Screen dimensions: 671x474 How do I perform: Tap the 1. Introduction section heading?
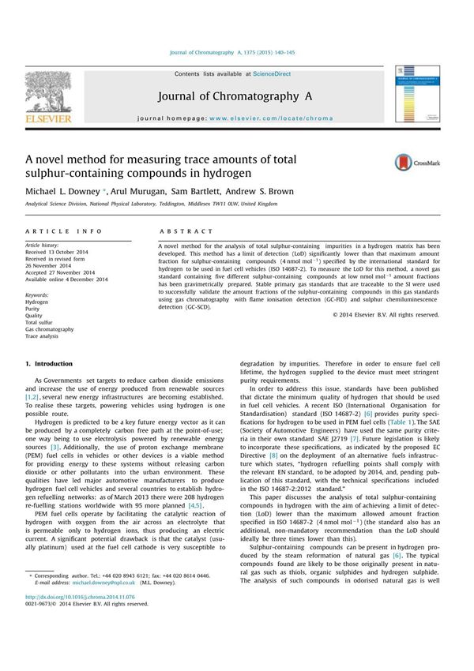pos(49,364)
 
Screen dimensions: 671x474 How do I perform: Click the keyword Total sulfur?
pos(41,323)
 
